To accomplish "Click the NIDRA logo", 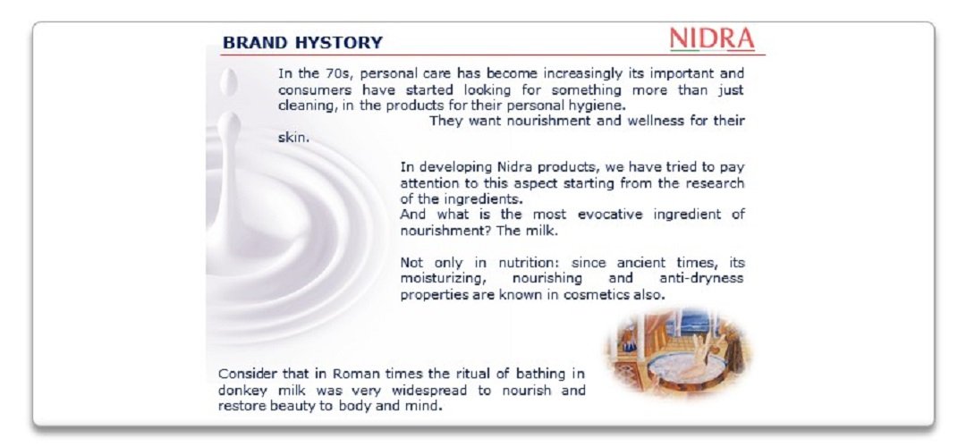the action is click(x=712, y=39).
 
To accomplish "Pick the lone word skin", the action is click(x=293, y=138).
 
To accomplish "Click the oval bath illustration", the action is click(x=679, y=351).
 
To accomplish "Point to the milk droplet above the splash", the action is click(x=228, y=82).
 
